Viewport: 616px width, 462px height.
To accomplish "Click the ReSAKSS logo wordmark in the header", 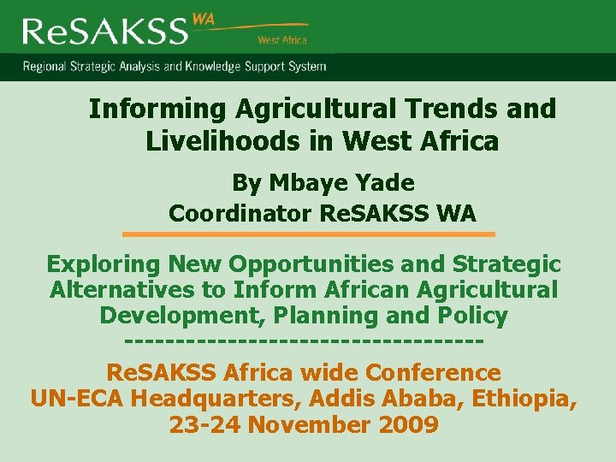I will [x=104, y=31].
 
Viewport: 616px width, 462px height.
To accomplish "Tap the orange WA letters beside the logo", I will [x=204, y=19].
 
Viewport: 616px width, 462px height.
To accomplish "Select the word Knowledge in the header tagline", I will [x=224, y=66].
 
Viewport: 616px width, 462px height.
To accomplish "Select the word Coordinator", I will [x=240, y=213].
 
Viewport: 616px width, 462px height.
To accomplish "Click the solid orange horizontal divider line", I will [x=308, y=234].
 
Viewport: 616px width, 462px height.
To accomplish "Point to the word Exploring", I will [x=103, y=264].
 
